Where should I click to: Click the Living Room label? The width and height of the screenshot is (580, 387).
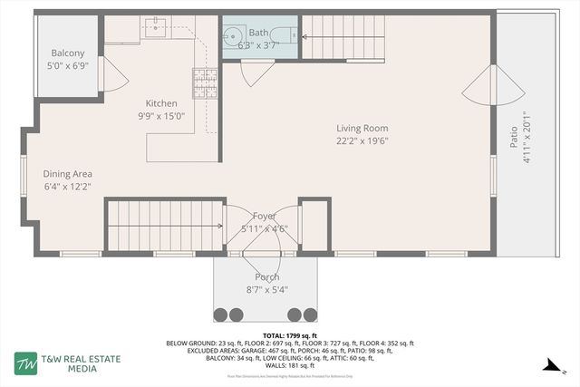point(362,129)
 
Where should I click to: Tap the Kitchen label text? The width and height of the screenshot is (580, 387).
point(162,103)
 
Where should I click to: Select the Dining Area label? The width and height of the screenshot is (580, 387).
point(68,173)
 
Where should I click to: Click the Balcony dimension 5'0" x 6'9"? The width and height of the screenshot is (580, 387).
point(68,65)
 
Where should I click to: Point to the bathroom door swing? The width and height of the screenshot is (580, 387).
point(256,73)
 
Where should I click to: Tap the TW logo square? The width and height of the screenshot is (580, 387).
point(24,363)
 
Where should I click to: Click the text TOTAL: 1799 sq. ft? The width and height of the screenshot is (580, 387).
point(289,335)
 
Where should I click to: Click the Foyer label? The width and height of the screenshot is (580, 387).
point(265,216)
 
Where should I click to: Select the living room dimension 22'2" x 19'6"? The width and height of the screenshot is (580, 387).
point(362,140)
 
